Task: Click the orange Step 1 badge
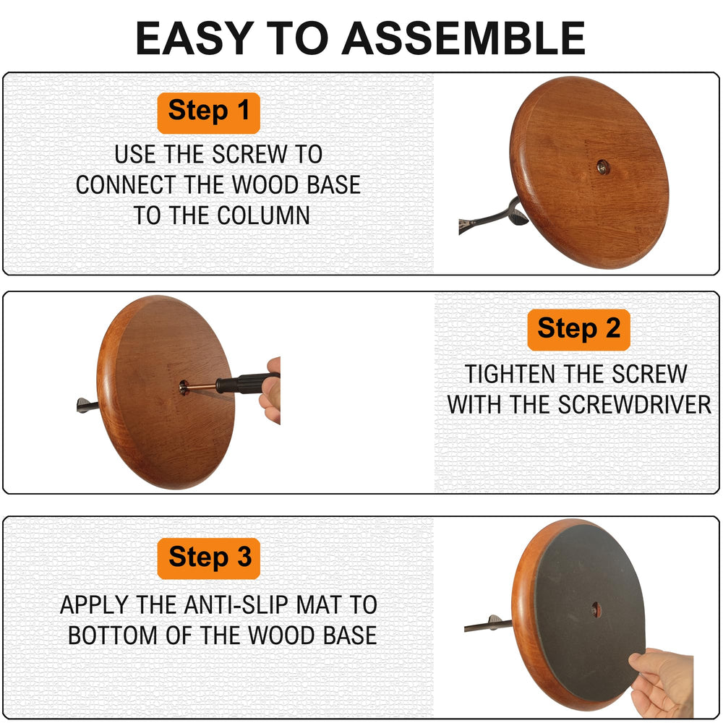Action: click(x=208, y=112)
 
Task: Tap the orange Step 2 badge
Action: click(x=578, y=329)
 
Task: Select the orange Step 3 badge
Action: click(x=209, y=558)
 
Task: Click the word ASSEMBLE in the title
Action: click(x=463, y=39)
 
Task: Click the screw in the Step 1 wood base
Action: click(x=602, y=167)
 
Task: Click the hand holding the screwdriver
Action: click(x=271, y=390)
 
